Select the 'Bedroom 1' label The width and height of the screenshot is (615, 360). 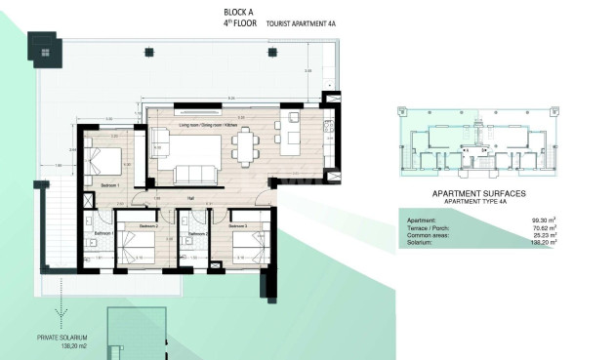[x=109, y=184]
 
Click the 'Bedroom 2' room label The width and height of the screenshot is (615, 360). [x=148, y=226]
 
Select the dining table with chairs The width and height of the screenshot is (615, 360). [x=245, y=148]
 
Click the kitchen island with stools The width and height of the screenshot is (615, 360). [x=290, y=136]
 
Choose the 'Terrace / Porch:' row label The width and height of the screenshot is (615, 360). [x=427, y=227]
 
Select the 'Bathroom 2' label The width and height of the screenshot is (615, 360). [x=198, y=234]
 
